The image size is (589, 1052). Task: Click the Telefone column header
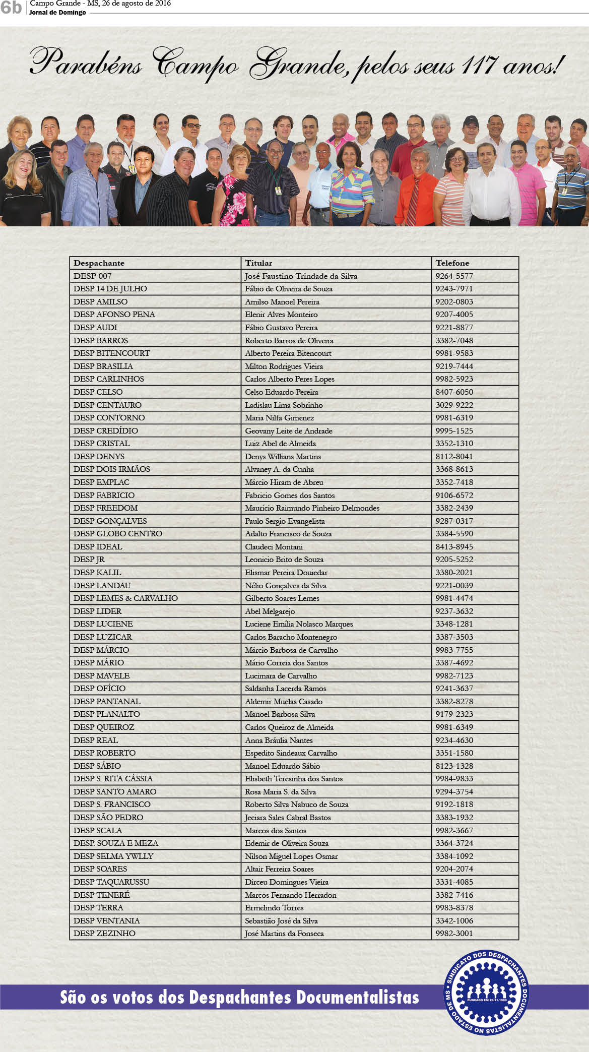point(452,263)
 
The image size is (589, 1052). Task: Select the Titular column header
point(258,263)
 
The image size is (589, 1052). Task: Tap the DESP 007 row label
point(92,276)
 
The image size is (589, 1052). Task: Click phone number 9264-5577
point(454,276)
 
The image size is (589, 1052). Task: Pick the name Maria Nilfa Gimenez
point(279,417)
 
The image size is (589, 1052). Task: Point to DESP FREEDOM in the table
point(105,508)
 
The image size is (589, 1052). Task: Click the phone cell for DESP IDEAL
point(454,546)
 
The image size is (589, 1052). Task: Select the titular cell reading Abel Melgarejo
point(270,611)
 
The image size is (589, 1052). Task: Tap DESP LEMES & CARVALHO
point(125,598)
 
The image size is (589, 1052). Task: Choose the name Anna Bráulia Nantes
point(279,740)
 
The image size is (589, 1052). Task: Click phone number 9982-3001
point(454,933)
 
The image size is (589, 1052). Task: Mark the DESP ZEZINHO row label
point(104,933)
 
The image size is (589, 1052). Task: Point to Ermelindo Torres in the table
point(274,907)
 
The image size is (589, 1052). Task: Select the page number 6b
point(11,8)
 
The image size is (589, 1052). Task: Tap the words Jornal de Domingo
point(57,13)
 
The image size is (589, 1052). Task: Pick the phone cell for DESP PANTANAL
point(454,701)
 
